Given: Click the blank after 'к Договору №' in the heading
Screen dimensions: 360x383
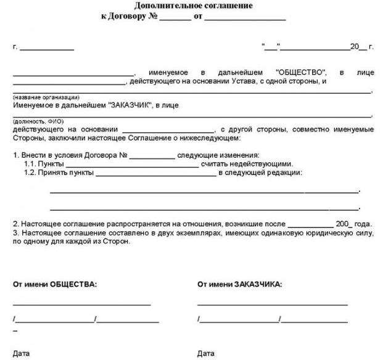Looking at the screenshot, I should [175, 18].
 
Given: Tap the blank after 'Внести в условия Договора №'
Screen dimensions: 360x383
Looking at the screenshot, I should [152, 155].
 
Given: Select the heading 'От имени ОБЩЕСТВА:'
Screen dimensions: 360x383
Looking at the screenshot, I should [54, 285].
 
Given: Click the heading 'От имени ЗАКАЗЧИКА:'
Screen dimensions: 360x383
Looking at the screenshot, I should [240, 285].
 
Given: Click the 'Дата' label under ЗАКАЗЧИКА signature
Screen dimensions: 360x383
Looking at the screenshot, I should [206, 354].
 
